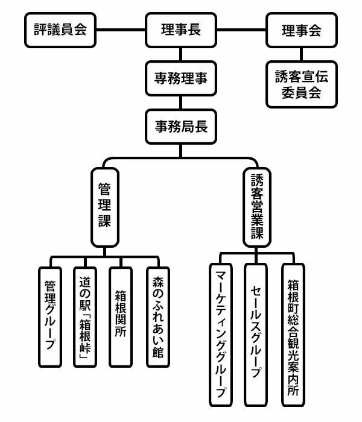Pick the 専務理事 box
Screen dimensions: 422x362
[x=181, y=78]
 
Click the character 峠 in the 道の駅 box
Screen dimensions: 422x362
[x=86, y=348]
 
